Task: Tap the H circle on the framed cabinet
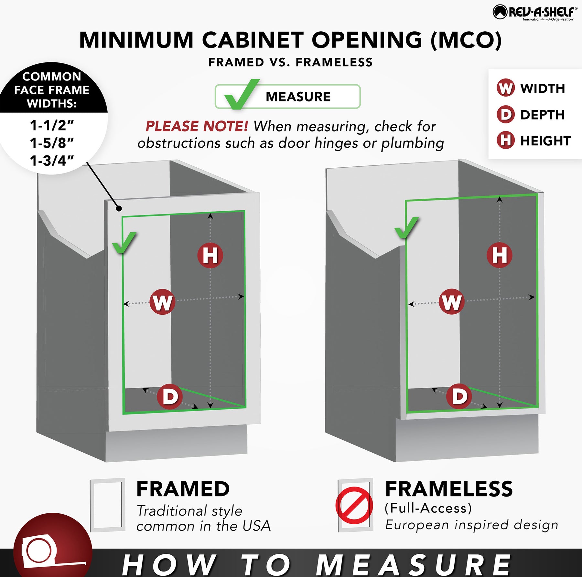(x=210, y=256)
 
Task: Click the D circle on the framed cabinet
(x=170, y=396)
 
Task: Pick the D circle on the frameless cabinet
(x=459, y=396)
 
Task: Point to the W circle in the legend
(x=506, y=88)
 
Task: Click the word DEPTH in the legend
(x=543, y=115)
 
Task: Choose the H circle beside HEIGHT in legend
(x=506, y=140)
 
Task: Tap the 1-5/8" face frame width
(x=52, y=143)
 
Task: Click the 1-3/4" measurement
(x=52, y=161)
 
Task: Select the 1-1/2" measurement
(x=52, y=125)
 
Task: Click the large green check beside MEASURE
(x=242, y=94)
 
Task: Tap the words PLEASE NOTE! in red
(x=197, y=126)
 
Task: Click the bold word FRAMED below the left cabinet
(x=183, y=489)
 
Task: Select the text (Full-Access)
(x=428, y=508)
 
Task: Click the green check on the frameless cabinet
(x=406, y=228)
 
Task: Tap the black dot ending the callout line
(x=119, y=208)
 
